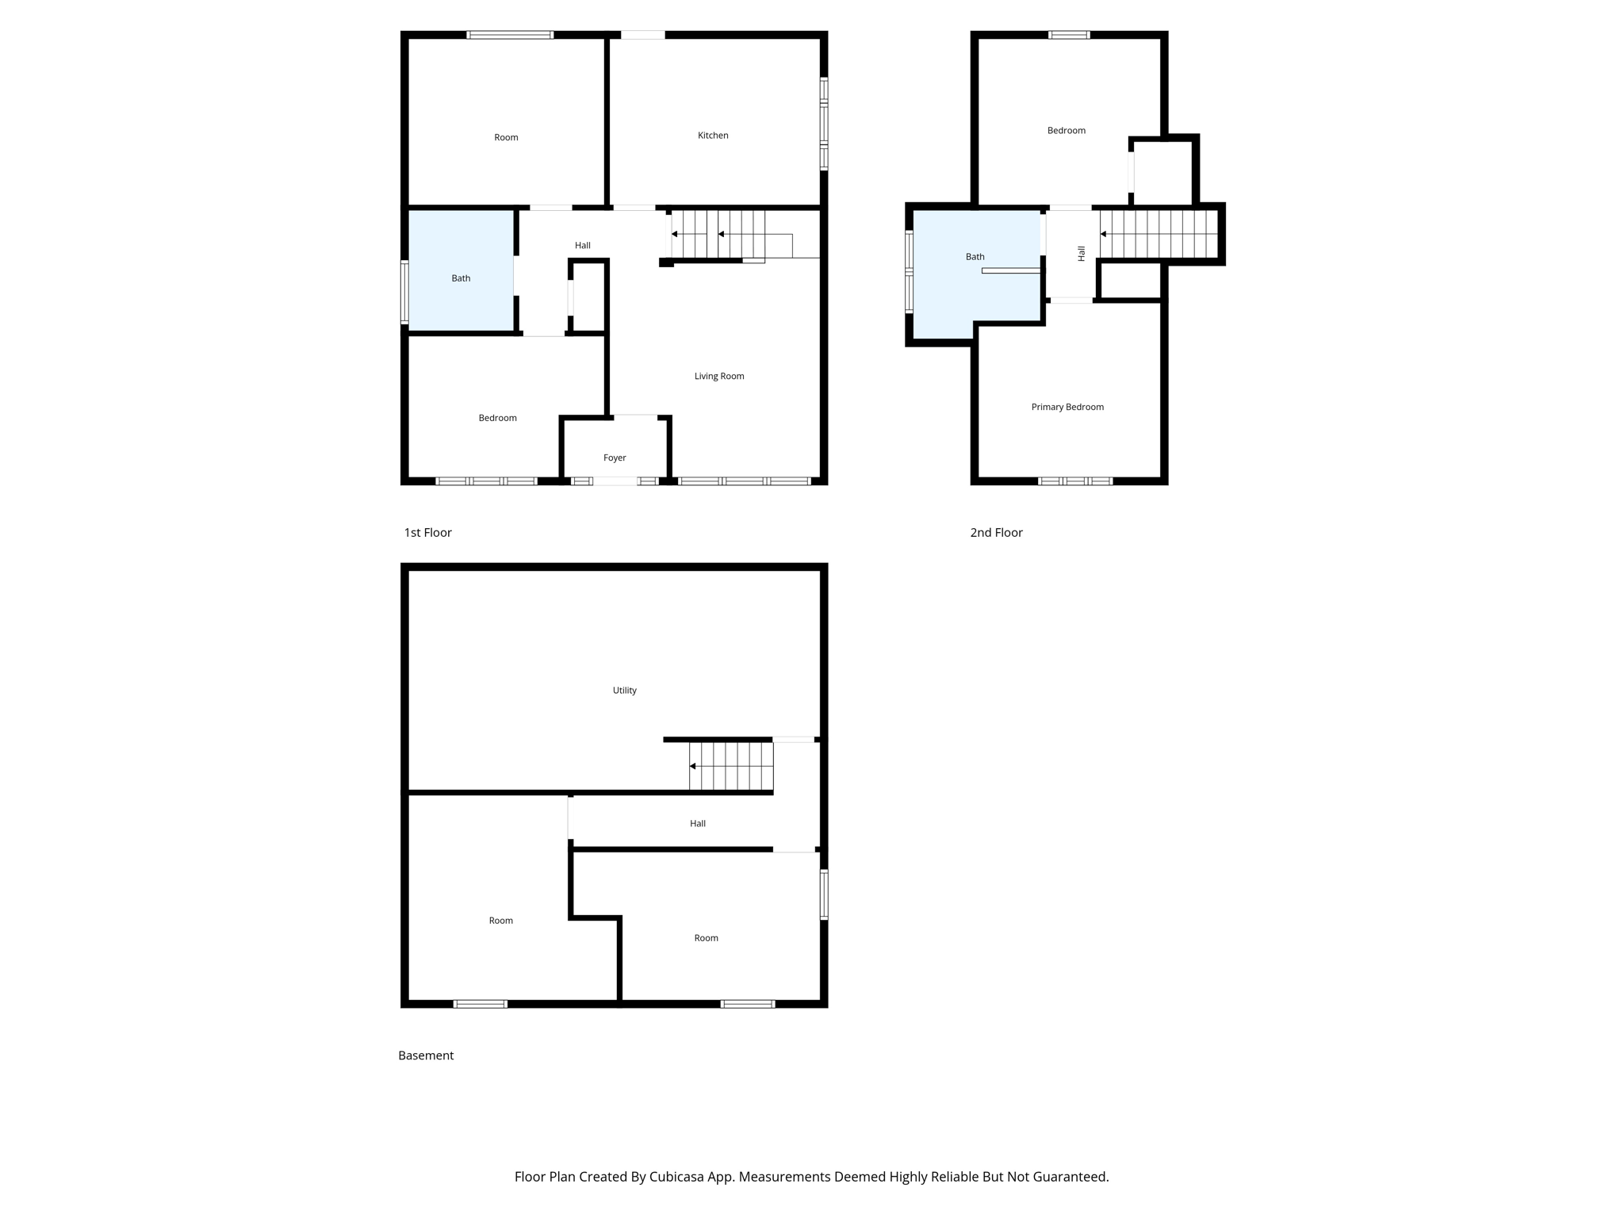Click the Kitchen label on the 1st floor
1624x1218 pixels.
pyautogui.click(x=712, y=136)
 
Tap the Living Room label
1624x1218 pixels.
pyautogui.click(x=718, y=376)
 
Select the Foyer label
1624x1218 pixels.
pyautogui.click(x=615, y=458)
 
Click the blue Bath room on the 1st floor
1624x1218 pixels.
pyautogui.click(x=461, y=270)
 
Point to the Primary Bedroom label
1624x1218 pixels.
pyautogui.click(x=1067, y=407)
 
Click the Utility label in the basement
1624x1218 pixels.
pyautogui.click(x=624, y=690)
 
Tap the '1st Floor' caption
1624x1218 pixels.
pyautogui.click(x=427, y=532)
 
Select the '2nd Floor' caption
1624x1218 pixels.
pyautogui.click(x=996, y=532)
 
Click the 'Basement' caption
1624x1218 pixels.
pyautogui.click(x=426, y=1055)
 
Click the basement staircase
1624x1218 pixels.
pyautogui.click(x=730, y=766)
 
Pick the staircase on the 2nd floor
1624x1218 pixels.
pyautogui.click(x=1159, y=234)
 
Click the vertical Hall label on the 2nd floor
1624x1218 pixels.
pyautogui.click(x=1081, y=254)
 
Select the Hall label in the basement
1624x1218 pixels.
pyautogui.click(x=697, y=823)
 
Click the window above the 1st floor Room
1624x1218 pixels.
pyautogui.click(x=509, y=35)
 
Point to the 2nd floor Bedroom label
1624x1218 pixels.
pyautogui.click(x=1066, y=130)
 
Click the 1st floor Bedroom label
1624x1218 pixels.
pyautogui.click(x=497, y=418)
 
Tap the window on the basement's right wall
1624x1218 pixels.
pyautogui.click(x=824, y=894)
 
